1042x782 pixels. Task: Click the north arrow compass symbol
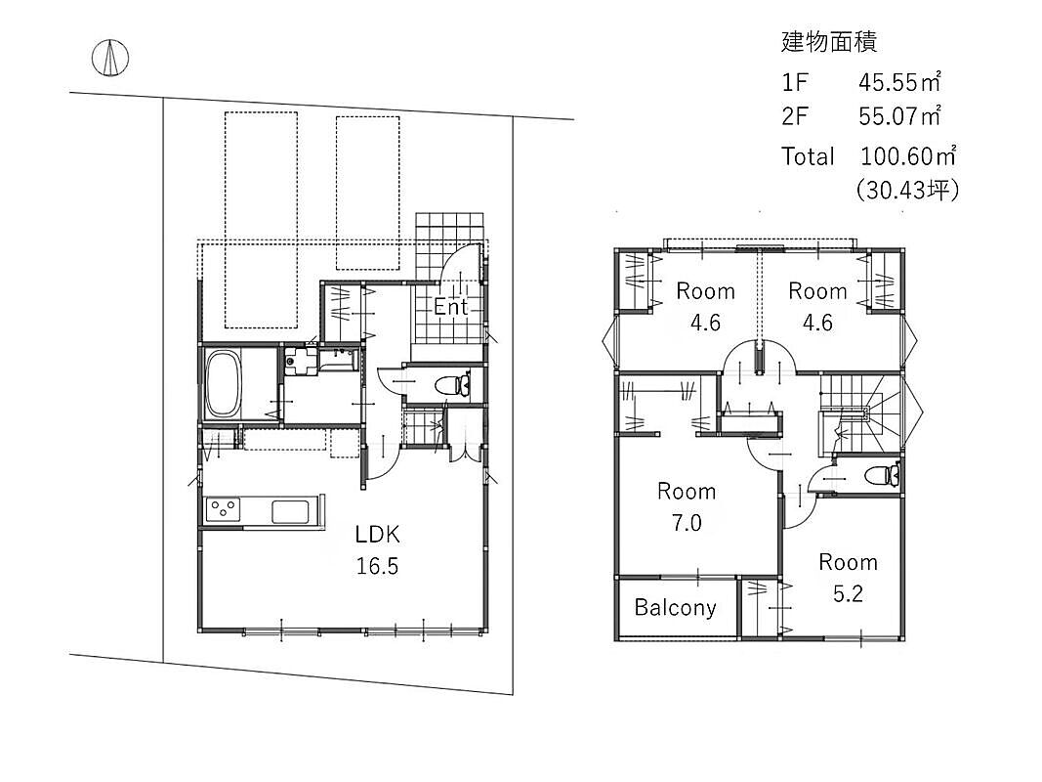(110, 58)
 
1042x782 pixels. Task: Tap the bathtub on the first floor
(223, 384)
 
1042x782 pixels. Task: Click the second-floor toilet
(883, 475)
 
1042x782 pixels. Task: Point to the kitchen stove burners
(223, 510)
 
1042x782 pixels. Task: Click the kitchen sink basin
(290, 511)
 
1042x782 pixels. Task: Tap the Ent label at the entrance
(451, 307)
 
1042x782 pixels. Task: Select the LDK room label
(377, 534)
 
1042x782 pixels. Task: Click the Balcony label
(675, 608)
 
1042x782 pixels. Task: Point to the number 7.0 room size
(687, 523)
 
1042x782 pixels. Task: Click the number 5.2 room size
(848, 593)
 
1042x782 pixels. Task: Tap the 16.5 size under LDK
(377, 566)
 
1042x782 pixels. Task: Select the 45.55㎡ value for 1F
(899, 82)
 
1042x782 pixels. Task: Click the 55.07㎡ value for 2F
(899, 116)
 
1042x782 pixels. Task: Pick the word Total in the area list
(808, 157)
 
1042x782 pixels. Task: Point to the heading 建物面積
(829, 42)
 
